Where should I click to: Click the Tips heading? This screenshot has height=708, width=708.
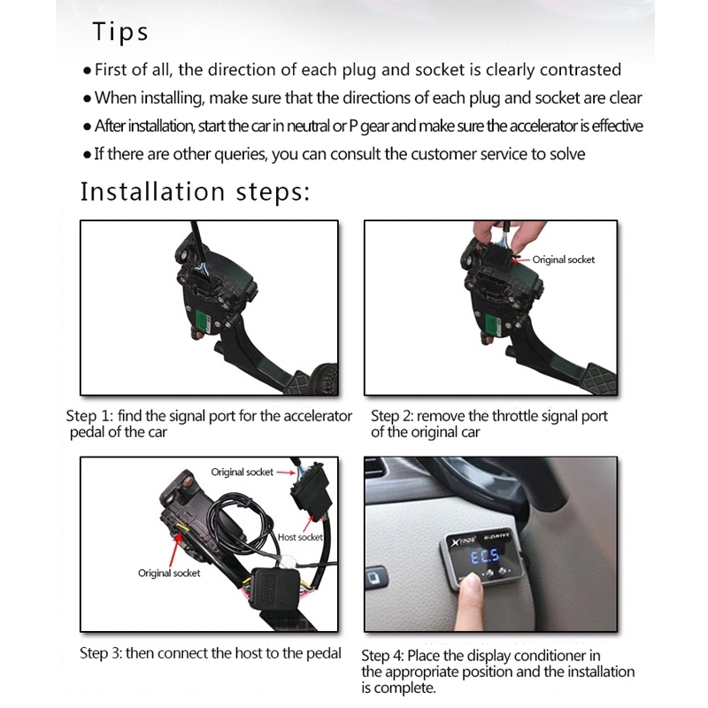coord(120,32)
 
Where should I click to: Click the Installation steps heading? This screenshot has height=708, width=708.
coord(196,191)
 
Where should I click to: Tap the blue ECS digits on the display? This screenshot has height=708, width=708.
coord(485,557)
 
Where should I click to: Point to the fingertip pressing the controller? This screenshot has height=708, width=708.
coord(473,582)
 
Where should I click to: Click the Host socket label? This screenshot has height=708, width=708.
coord(300,537)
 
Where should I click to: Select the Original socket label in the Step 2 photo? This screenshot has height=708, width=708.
coord(564,259)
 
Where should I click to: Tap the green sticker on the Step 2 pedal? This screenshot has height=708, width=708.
coord(492,324)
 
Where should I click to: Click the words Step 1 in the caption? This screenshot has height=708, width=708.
coord(89,416)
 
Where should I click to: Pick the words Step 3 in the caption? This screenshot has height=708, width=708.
coord(101,653)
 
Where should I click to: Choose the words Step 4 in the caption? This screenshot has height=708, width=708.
coord(382,656)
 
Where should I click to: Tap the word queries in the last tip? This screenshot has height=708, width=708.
coord(240,154)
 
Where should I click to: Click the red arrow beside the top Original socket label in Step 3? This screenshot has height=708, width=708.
coord(286,473)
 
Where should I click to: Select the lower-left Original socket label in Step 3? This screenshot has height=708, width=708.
coord(169,573)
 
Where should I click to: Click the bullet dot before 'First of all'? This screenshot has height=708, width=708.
coord(87,71)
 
